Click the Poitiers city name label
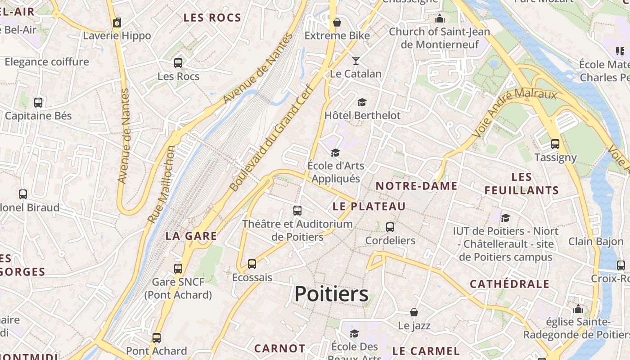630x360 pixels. (331, 294)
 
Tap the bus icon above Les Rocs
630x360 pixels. (178, 63)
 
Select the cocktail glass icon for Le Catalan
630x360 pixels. (355, 61)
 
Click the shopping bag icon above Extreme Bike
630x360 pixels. (337, 22)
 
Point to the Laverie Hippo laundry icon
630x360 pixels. (117, 22)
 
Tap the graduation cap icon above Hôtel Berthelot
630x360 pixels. (362, 103)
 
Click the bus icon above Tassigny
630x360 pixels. (555, 144)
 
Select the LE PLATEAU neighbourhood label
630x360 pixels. (369, 207)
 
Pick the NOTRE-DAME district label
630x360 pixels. (416, 186)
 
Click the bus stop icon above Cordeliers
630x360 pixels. (390, 227)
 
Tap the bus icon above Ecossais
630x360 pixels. (252, 264)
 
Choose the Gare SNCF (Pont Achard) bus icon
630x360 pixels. (178, 269)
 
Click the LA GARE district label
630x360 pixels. (191, 236)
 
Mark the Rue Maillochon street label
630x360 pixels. (162, 184)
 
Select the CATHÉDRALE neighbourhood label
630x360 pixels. (509, 284)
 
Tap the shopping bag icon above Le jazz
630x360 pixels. (414, 312)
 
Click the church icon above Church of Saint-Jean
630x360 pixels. (439, 19)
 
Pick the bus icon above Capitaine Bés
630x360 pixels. (38, 103)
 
